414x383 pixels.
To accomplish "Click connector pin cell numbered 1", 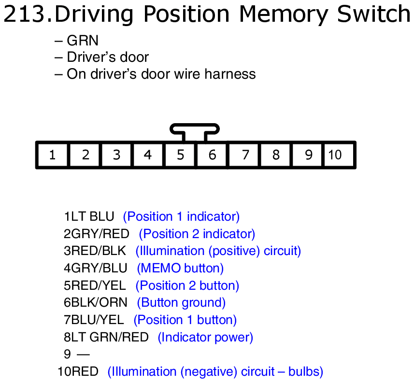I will click(x=52, y=155).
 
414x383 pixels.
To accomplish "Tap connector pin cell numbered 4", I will click(x=148, y=155).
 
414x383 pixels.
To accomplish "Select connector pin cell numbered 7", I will click(x=245, y=155).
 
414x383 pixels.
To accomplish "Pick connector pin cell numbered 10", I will click(x=335, y=155).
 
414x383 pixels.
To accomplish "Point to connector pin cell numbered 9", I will click(x=309, y=155).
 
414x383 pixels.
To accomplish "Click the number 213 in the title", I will click(x=24, y=14).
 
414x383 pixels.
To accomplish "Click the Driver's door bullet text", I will click(x=107, y=57).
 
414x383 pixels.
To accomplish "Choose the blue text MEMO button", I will click(x=180, y=269).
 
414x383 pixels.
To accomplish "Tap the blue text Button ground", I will click(x=182, y=303).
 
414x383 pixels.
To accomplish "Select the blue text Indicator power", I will click(x=205, y=338).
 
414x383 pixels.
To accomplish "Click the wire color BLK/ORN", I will click(x=99, y=303).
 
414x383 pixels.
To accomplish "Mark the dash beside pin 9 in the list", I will click(x=83, y=355).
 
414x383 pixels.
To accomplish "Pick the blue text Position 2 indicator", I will click(x=197, y=234).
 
